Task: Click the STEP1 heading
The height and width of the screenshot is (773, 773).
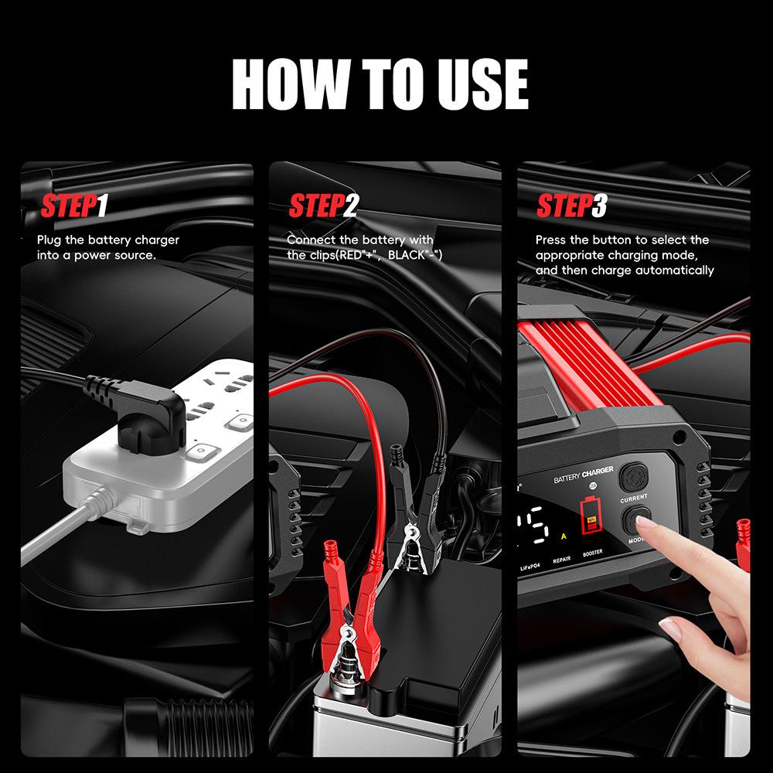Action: coord(74,206)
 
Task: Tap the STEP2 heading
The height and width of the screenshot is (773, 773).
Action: coord(324,206)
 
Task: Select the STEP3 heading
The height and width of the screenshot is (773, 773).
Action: coord(572,206)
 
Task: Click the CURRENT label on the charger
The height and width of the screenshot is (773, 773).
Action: coord(633,500)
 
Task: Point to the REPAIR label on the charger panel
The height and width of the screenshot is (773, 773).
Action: coord(562,564)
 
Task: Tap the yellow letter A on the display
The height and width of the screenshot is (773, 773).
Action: coord(564,536)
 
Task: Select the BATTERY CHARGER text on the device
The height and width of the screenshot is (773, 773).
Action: coord(584,475)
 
